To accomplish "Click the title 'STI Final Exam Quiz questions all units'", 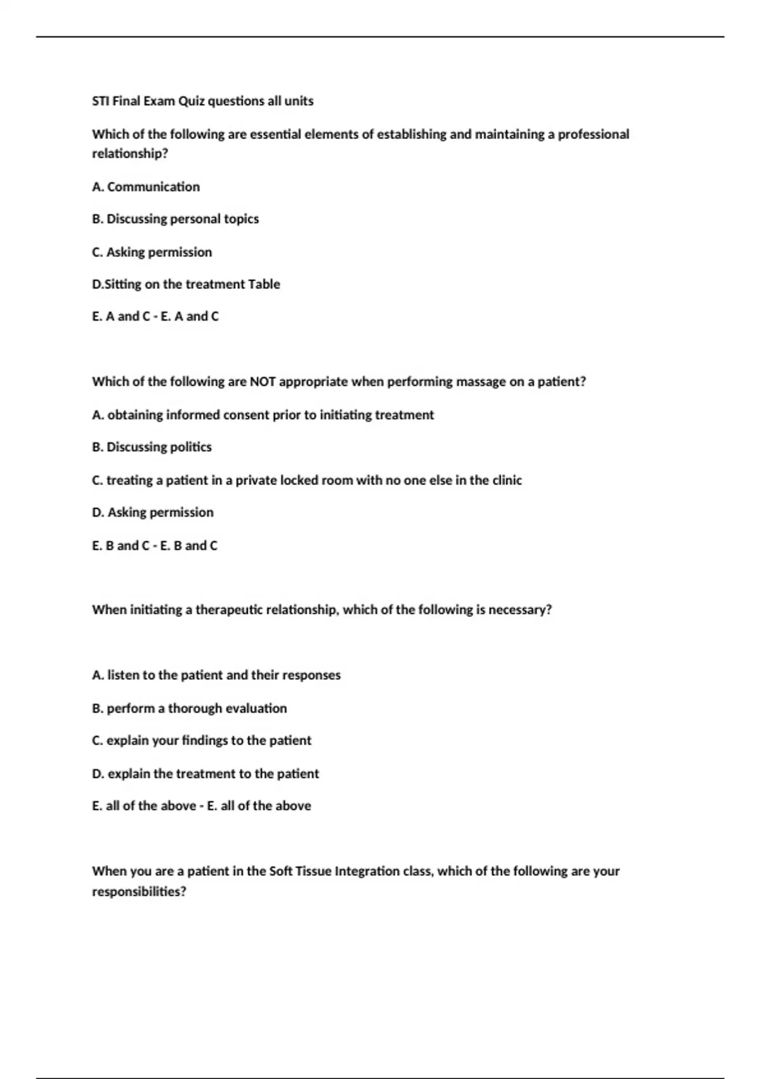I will point(202,101).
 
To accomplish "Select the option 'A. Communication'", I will point(146,187).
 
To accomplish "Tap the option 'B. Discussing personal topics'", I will point(175,219).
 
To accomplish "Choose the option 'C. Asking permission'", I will point(152,252).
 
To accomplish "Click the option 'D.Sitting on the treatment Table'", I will point(186,284).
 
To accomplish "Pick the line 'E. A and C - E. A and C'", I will point(155,316).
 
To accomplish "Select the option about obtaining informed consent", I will point(263,415).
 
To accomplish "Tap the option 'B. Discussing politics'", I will point(152,447).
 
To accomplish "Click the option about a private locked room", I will point(307,480).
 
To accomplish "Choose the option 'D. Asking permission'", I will point(152,512).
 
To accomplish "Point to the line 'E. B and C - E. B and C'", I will point(155,545).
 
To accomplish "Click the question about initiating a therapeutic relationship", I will point(322,610).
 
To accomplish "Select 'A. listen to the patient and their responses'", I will point(216,675).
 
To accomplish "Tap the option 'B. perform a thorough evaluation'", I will point(189,708).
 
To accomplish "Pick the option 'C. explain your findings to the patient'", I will point(202,741).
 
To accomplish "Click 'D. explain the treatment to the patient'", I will point(205,774).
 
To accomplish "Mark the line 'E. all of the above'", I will point(202,806).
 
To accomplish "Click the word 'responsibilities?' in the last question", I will point(139,892).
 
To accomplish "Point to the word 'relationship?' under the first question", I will point(130,154).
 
